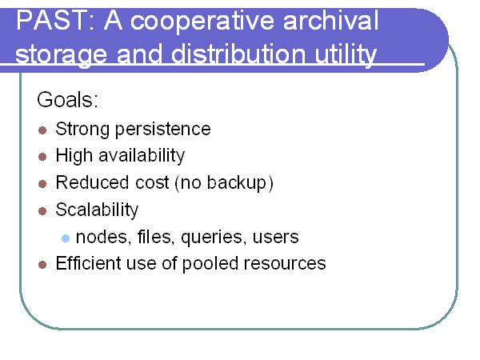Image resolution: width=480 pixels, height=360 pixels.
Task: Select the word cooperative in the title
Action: click(x=202, y=22)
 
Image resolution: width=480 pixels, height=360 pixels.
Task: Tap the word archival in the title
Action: click(x=331, y=20)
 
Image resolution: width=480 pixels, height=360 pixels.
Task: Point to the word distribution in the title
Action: click(x=238, y=54)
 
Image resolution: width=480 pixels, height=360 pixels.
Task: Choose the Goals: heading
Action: click(x=67, y=99)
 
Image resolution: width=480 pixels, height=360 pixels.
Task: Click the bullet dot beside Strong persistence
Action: click(x=42, y=130)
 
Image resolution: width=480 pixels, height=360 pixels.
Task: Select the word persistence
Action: click(x=163, y=130)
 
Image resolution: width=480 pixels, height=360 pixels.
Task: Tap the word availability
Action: click(x=142, y=156)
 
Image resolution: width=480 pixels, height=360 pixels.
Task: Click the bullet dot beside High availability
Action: click(x=42, y=157)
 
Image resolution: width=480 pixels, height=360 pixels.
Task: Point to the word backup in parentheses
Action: click(x=237, y=183)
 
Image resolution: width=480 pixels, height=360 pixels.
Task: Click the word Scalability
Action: click(x=97, y=210)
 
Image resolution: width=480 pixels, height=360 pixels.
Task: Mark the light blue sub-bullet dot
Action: click(x=66, y=238)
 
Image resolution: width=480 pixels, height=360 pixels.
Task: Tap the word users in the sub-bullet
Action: click(x=275, y=238)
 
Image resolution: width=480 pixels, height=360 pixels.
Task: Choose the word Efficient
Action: click(x=89, y=263)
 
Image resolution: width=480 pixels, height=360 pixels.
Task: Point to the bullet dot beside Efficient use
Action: click(x=42, y=265)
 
